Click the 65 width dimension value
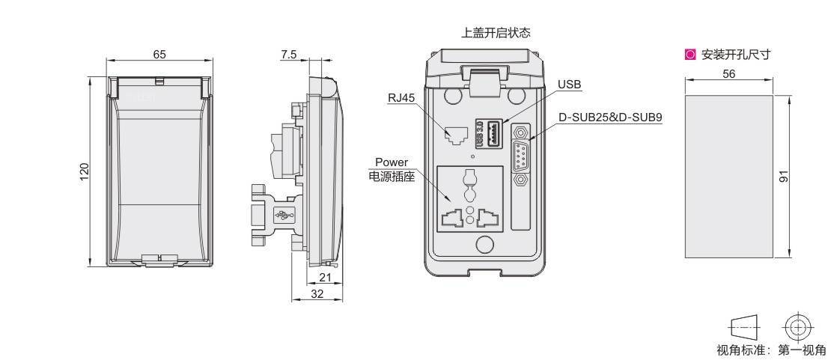(x=159, y=54)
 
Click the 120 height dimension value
(x=85, y=172)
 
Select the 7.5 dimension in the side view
(x=289, y=54)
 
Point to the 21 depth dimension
(x=326, y=277)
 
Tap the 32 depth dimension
(x=317, y=293)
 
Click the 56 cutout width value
(x=729, y=74)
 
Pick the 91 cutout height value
(x=784, y=176)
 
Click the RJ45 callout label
(x=401, y=97)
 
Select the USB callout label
(x=569, y=85)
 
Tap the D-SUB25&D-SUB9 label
(x=610, y=118)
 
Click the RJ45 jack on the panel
(x=454, y=135)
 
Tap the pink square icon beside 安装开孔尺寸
(x=690, y=54)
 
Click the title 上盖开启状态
(x=496, y=33)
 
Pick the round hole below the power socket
(x=485, y=244)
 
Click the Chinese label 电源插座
(x=391, y=177)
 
